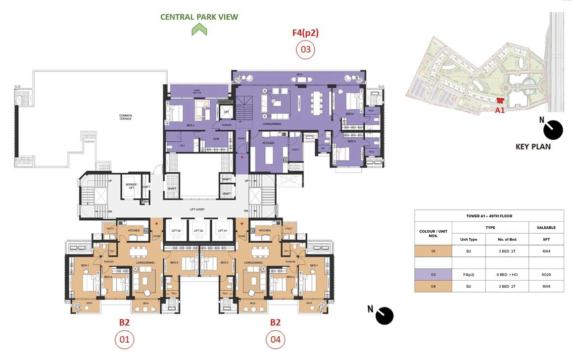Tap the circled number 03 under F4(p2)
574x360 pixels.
coord(305,50)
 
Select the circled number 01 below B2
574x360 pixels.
coord(124,340)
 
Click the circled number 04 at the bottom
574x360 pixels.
coord(275,340)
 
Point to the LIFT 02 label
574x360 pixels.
coord(198,231)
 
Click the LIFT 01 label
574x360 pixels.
coord(222,231)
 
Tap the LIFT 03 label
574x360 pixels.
coord(176,231)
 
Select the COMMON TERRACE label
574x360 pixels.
coord(125,117)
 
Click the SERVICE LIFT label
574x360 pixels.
coord(131,186)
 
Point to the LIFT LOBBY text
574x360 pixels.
coord(197,210)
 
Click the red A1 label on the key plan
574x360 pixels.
coord(500,110)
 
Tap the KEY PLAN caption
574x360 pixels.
coord(533,147)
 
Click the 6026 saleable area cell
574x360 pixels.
coord(546,274)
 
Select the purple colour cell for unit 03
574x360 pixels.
coord(433,274)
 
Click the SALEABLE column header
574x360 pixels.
coord(546,228)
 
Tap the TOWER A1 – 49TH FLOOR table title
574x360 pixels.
coord(489,216)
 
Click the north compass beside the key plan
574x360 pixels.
coord(553,130)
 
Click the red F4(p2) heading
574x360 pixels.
coord(305,33)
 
